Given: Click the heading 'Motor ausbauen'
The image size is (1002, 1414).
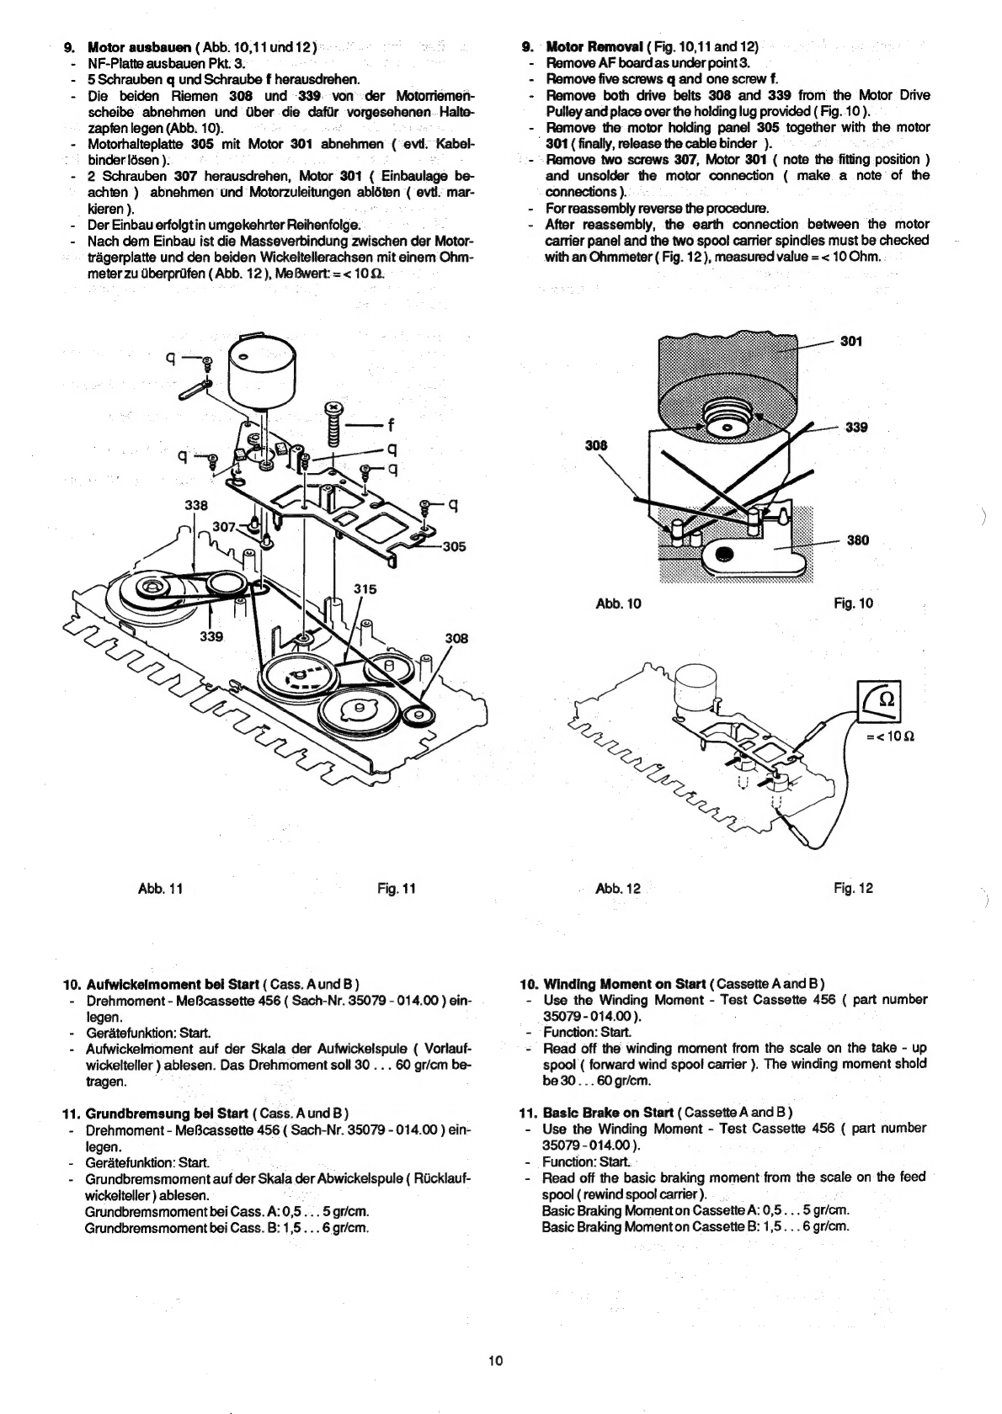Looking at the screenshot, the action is click(x=140, y=47).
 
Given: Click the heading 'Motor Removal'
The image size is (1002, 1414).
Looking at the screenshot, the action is click(x=594, y=47).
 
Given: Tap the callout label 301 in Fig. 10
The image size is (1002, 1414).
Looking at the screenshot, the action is click(x=851, y=342).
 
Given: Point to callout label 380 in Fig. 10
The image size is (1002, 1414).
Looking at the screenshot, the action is click(x=857, y=540).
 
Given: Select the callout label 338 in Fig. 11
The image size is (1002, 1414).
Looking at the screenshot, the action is click(x=195, y=505).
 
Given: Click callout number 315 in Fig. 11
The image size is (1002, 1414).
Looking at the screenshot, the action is click(x=365, y=589).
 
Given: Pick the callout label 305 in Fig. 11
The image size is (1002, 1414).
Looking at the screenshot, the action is click(x=454, y=547).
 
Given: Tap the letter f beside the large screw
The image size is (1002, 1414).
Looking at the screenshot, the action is click(x=391, y=426).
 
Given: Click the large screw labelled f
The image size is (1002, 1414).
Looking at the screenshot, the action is click(x=334, y=423).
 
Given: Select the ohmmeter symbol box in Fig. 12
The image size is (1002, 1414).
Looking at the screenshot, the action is click(x=878, y=701).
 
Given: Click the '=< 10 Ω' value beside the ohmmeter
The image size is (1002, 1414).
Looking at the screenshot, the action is click(x=891, y=736).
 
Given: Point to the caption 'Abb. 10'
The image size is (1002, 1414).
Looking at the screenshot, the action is click(x=618, y=603).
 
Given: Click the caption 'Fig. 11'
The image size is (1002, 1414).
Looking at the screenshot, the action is click(x=397, y=888).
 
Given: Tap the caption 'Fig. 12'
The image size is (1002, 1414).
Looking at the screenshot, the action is click(x=853, y=888).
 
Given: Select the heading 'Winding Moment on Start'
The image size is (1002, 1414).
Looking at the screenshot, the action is click(x=625, y=984).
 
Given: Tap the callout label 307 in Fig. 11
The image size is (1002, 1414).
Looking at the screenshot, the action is click(x=223, y=527).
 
